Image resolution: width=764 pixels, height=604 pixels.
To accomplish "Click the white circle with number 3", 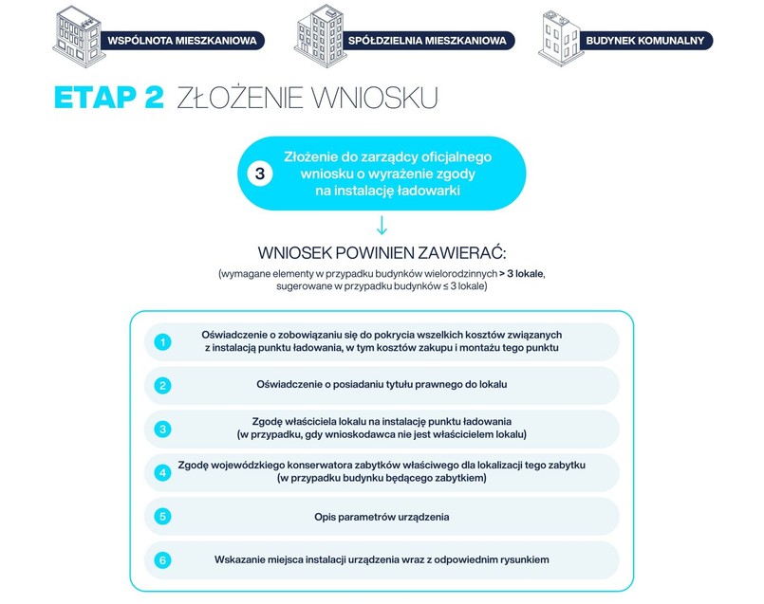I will (x=259, y=174).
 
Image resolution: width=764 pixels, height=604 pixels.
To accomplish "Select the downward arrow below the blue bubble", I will (x=382, y=226).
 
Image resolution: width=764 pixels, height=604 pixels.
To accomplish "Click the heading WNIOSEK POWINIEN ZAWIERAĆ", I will (x=382, y=253).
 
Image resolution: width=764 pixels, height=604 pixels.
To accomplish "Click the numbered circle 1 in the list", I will (x=163, y=341).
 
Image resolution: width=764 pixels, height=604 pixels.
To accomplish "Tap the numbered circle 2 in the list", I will (x=163, y=385).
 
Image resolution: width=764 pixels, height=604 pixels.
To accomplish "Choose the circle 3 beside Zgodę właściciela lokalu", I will (x=163, y=429).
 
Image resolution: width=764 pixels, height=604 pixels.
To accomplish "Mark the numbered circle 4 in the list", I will (x=163, y=472).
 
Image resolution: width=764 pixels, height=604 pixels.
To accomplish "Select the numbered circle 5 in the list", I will (x=163, y=517).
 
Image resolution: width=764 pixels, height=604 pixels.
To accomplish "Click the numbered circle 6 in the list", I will (x=163, y=559).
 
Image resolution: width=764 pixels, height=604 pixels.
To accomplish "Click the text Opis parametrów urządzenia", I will (x=382, y=517).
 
